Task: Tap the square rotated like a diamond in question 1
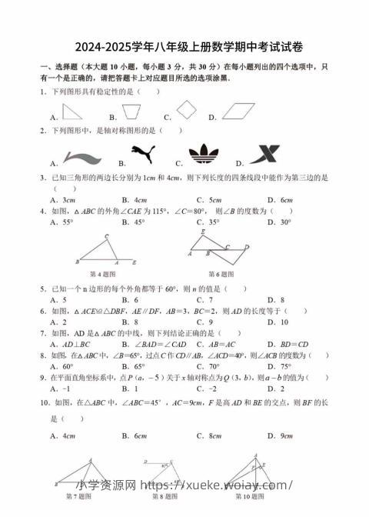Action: tap(190, 111)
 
